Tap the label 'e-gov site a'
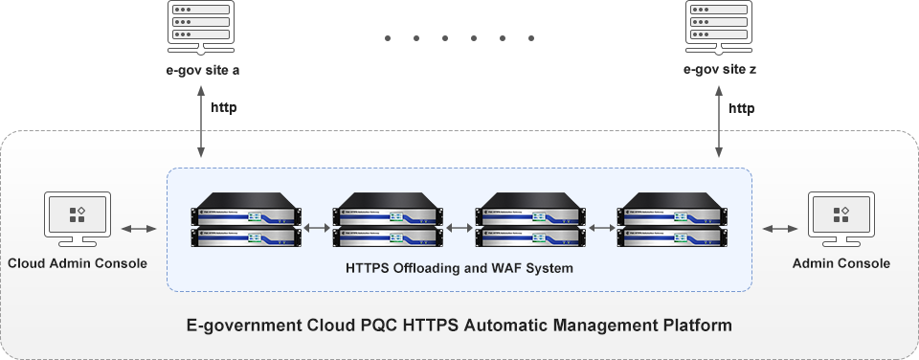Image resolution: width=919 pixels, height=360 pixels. click(200, 70)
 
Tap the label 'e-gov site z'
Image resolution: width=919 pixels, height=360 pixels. click(720, 70)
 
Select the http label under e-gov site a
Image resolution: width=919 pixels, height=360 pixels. click(223, 108)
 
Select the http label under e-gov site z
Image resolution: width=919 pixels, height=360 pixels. click(742, 108)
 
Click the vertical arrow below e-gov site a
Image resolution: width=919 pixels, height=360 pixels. click(200, 122)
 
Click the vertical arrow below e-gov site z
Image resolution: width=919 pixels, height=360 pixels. click(719, 122)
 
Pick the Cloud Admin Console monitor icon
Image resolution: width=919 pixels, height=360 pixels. click(78, 219)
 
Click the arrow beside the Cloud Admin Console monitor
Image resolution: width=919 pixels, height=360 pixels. click(140, 228)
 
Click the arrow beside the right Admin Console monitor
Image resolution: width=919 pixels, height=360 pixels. click(779, 228)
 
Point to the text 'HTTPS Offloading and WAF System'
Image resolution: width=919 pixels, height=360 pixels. click(459, 268)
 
